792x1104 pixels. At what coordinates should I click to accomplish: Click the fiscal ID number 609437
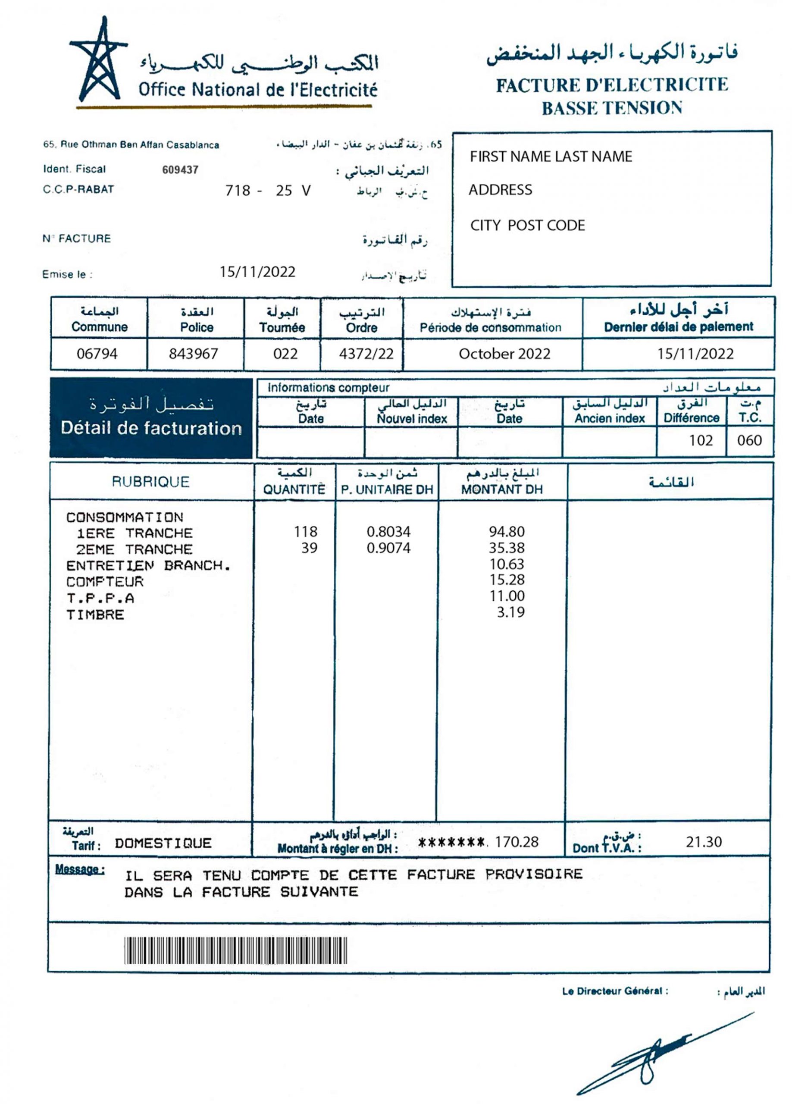pos(180,170)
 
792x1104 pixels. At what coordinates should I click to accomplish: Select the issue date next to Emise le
pos(257,272)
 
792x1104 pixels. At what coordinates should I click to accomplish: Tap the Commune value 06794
pos(97,354)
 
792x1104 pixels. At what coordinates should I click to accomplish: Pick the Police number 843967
pos(193,354)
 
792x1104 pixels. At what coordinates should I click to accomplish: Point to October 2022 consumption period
pos(504,354)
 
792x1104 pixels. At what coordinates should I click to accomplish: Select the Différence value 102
pos(701,441)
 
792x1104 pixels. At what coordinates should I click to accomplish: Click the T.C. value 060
pos(749,441)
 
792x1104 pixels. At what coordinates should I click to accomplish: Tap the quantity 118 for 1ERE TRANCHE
pos(305,532)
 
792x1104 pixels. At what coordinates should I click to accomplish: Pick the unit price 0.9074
pos(388,548)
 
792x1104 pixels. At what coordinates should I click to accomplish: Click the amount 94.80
pos(507,532)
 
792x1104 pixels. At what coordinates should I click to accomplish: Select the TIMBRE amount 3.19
pos(510,612)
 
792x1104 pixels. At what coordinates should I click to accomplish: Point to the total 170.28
pos(517,842)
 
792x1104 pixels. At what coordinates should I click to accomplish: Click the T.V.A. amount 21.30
pos(704,842)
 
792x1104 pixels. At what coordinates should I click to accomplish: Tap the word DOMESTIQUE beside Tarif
pos(163,843)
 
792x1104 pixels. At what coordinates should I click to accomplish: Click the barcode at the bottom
pos(235,950)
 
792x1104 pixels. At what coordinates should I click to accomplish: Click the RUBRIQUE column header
pos(150,482)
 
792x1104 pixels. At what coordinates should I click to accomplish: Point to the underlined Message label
pos(79,869)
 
